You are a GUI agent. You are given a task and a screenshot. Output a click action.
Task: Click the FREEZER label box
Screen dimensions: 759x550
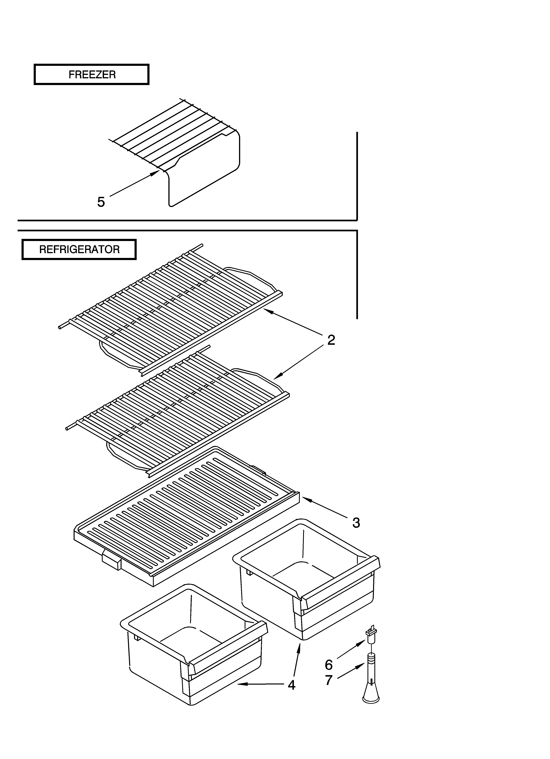click(92, 74)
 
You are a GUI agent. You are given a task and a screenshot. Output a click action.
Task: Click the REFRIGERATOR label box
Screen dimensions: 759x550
click(79, 249)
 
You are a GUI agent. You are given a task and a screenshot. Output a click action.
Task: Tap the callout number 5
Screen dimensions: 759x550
click(101, 202)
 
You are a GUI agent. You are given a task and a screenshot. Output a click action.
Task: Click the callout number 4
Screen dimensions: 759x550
click(291, 685)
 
